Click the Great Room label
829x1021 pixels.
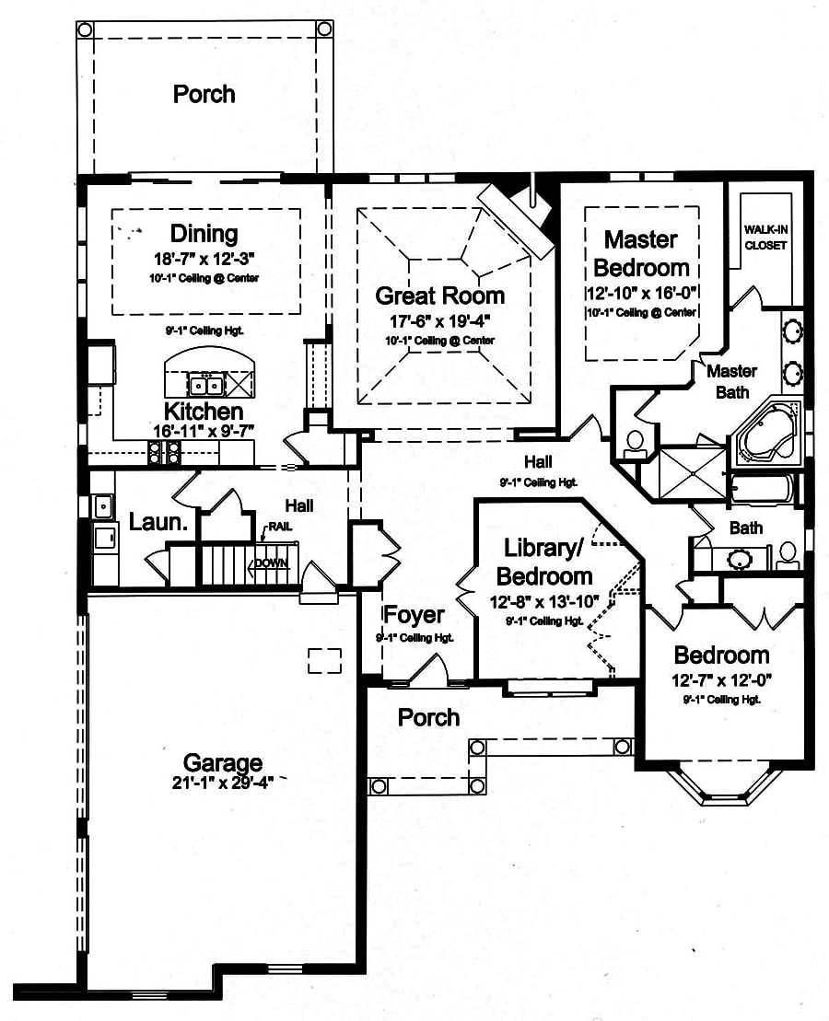click(x=439, y=296)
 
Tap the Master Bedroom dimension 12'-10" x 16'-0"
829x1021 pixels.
click(x=642, y=294)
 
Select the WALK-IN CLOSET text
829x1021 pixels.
click(x=765, y=238)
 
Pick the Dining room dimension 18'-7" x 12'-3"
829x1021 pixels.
click(x=204, y=258)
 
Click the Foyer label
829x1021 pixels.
click(x=414, y=615)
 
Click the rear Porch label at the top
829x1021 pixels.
click(x=204, y=94)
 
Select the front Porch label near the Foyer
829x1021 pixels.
click(x=428, y=716)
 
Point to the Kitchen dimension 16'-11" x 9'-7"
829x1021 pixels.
click(x=204, y=430)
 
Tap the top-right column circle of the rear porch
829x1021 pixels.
click(x=324, y=29)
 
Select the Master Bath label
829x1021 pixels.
click(x=731, y=381)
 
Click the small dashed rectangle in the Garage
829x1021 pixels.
click(x=324, y=660)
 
